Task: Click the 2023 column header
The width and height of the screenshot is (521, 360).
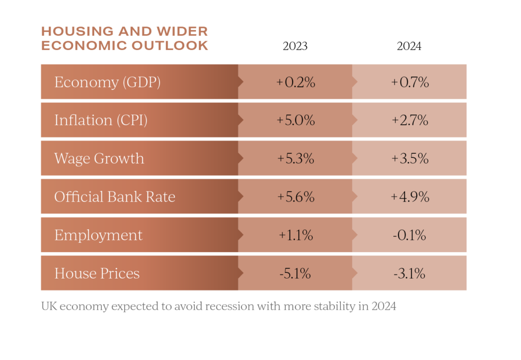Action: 295,46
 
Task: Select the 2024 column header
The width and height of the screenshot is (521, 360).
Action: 409,46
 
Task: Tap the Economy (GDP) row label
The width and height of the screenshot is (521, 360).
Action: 107,82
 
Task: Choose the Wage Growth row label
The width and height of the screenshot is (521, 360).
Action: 99,158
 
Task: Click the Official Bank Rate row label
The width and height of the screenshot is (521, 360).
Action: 115,197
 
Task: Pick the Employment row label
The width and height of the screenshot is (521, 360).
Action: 99,235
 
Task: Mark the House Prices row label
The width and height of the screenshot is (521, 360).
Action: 97,273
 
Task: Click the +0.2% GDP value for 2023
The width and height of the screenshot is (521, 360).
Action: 296,82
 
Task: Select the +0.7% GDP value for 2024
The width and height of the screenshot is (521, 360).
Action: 410,82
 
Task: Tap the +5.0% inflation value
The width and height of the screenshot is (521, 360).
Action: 296,120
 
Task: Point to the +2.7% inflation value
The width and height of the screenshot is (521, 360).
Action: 410,120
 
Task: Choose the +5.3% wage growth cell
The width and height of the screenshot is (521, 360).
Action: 296,158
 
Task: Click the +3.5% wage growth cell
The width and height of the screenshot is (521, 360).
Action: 410,158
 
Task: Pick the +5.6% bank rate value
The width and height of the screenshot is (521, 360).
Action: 296,197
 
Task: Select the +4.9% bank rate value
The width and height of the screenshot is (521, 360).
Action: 410,197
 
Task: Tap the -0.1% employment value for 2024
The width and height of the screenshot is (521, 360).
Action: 410,235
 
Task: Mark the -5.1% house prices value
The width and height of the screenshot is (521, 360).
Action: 296,273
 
